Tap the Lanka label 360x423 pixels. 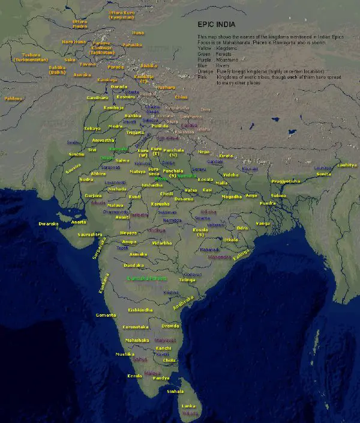(x=188, y=406)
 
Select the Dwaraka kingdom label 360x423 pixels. (x=49, y=224)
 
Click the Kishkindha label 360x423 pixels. (x=140, y=310)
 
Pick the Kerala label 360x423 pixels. (x=135, y=376)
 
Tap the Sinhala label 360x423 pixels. (x=175, y=391)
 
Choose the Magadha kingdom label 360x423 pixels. (x=232, y=196)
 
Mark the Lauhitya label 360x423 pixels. (x=346, y=165)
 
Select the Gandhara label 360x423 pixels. (x=98, y=97)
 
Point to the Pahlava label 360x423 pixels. (x=13, y=99)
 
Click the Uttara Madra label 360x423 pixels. (x=80, y=24)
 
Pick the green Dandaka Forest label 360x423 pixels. (x=147, y=278)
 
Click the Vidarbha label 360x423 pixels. (x=162, y=243)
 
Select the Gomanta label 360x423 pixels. (x=106, y=315)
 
